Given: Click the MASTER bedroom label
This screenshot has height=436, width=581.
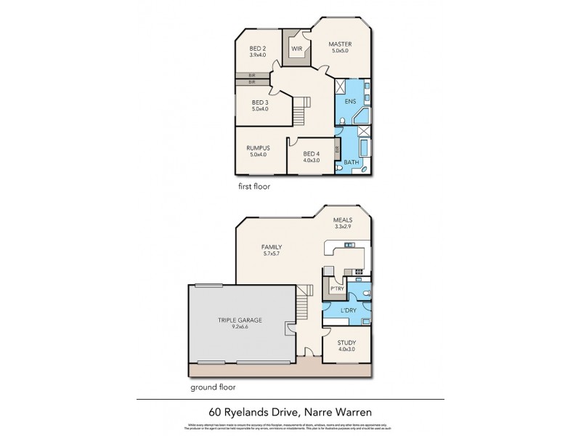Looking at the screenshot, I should (x=340, y=44).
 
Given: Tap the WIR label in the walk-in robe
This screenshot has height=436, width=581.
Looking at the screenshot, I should (x=296, y=49).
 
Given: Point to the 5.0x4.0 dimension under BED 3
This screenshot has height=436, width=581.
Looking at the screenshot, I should (x=260, y=110).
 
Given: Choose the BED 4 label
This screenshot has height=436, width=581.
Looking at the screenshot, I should (x=311, y=153).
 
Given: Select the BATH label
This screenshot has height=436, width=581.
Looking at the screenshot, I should (x=352, y=162).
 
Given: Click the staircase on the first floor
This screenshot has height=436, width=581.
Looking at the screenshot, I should (x=301, y=109).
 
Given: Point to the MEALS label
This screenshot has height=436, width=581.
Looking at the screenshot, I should (x=342, y=219).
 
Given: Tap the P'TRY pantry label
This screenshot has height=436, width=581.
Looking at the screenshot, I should (x=337, y=288).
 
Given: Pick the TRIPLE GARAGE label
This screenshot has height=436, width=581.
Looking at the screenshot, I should (x=239, y=320).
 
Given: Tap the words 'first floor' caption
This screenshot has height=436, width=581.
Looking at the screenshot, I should (x=254, y=186).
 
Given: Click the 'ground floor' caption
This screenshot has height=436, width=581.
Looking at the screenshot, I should (x=213, y=387).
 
